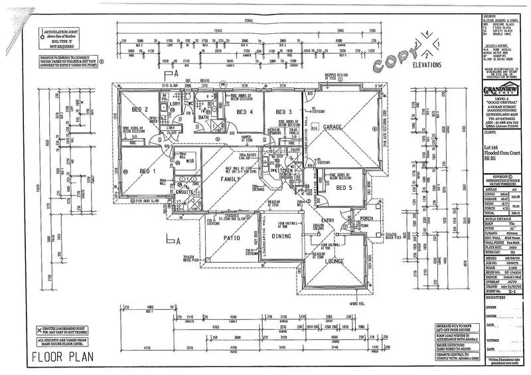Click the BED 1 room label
click(x=147, y=171)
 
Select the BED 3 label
click(x=284, y=111)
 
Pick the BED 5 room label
click(x=344, y=188)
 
